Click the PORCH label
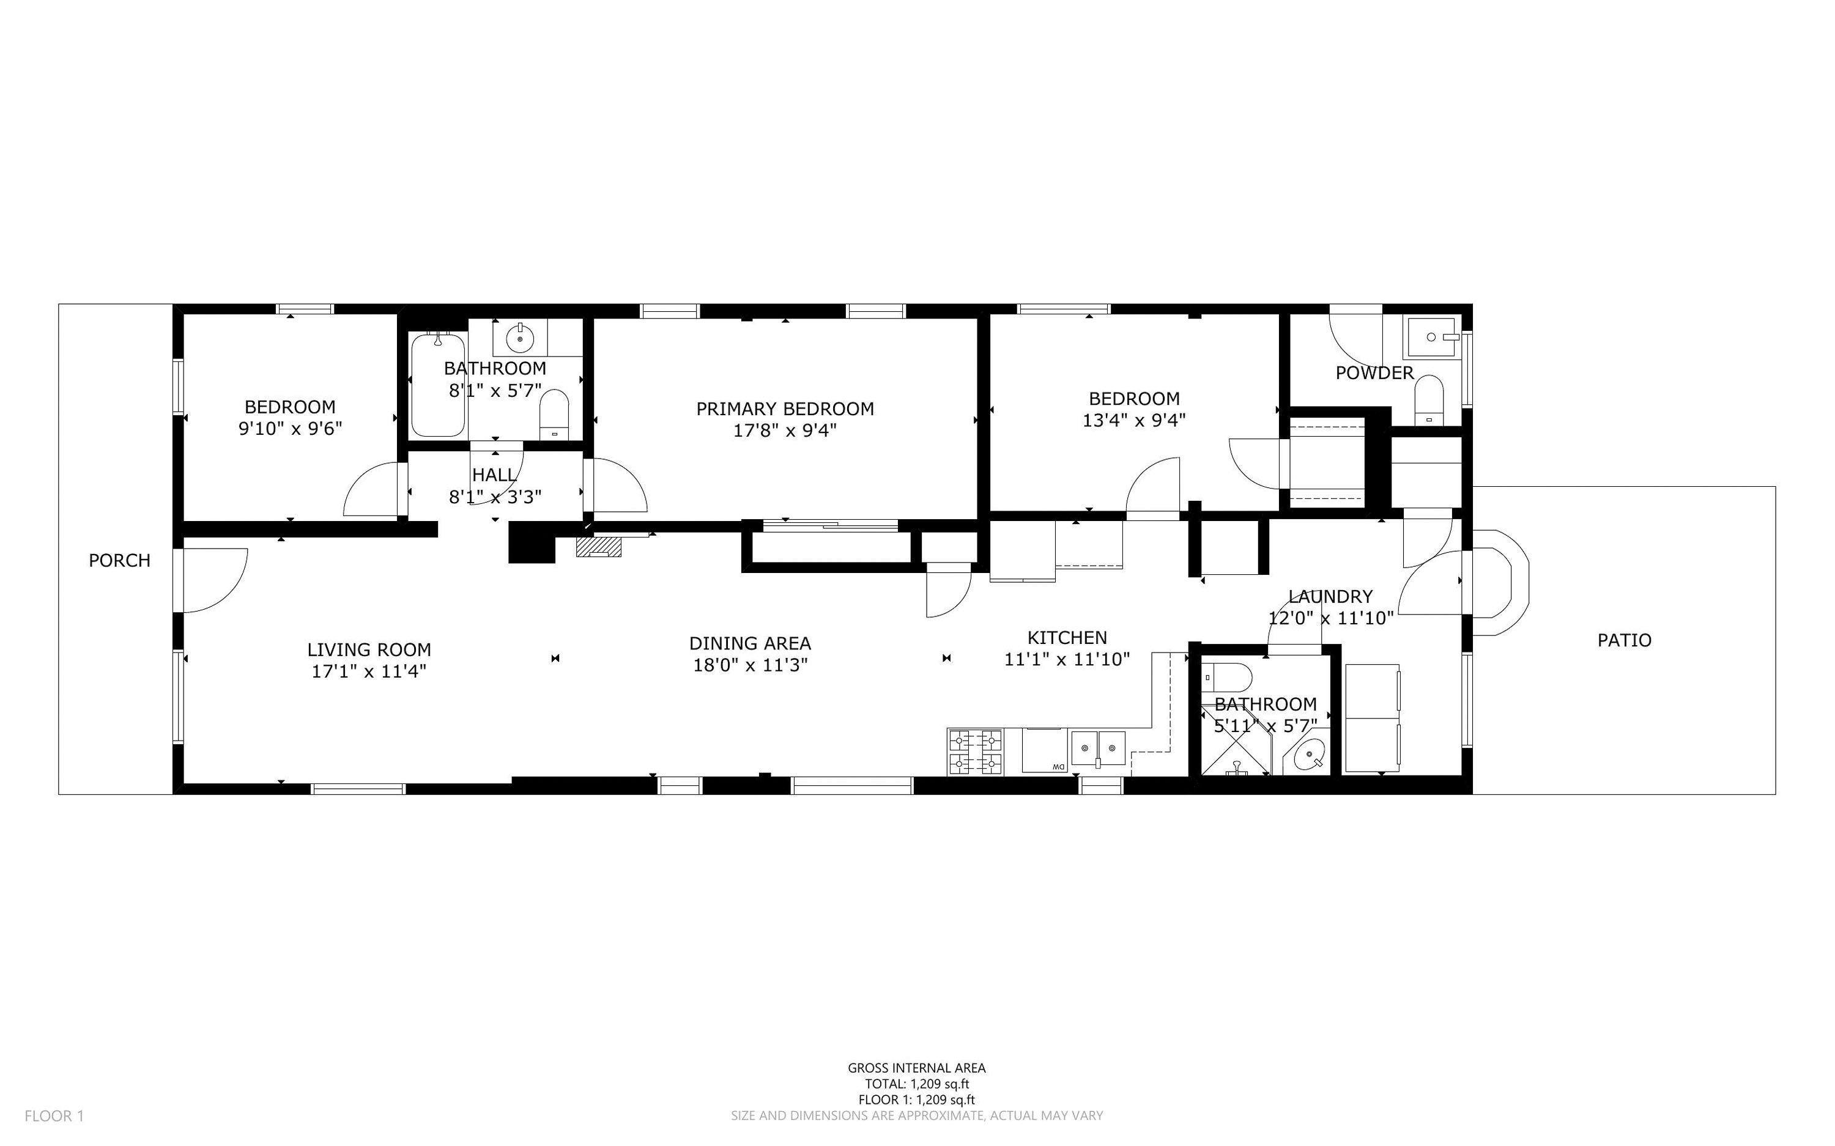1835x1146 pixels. coord(120,560)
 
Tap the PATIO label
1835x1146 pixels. coord(1625,640)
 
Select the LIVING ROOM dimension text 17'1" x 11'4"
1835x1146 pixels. coord(369,671)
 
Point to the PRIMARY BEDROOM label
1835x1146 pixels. coord(785,409)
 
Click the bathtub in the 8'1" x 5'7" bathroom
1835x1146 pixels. coord(438,385)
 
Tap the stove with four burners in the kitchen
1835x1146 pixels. coord(975,752)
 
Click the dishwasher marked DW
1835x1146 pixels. coord(1045,750)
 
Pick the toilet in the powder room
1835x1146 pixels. coord(1429,400)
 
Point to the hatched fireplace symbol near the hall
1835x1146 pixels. coord(599,547)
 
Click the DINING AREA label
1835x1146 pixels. coord(751,643)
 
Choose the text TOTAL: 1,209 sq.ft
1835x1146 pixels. coord(917,1084)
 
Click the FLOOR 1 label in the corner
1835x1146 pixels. coord(54,1115)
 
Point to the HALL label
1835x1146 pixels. coord(495,475)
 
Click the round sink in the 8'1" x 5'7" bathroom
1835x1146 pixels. coord(520,338)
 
